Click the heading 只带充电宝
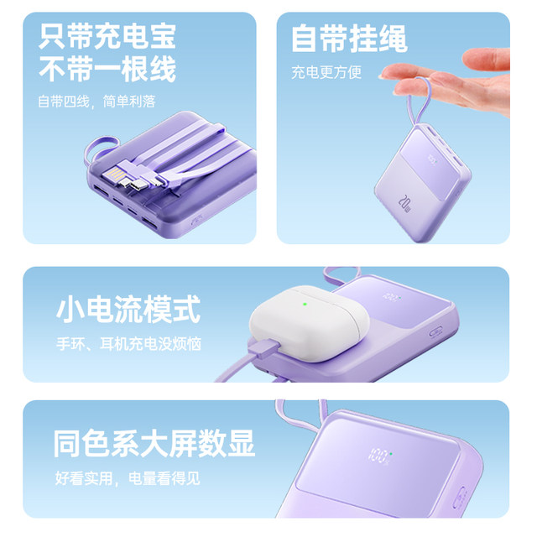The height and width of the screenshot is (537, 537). coord(107,36)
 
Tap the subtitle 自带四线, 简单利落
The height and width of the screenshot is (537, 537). coord(96,102)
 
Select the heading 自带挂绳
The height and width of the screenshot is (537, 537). coord(349,39)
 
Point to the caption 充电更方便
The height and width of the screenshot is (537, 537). coord(326,73)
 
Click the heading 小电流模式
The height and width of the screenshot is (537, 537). coord(128,309)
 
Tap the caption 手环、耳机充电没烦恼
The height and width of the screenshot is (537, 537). coord(128,343)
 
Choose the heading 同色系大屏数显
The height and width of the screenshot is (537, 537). coord(154,443)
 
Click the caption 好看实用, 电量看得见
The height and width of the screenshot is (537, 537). coord(128,478)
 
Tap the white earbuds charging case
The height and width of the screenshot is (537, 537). coord(309,323)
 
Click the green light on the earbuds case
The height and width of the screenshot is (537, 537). coord(305,304)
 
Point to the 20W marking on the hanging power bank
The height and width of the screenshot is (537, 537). coord(404,203)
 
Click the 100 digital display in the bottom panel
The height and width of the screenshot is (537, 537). coord(379,456)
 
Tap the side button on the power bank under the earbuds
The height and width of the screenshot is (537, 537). coord(435,331)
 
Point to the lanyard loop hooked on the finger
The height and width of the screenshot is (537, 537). coord(418,102)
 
